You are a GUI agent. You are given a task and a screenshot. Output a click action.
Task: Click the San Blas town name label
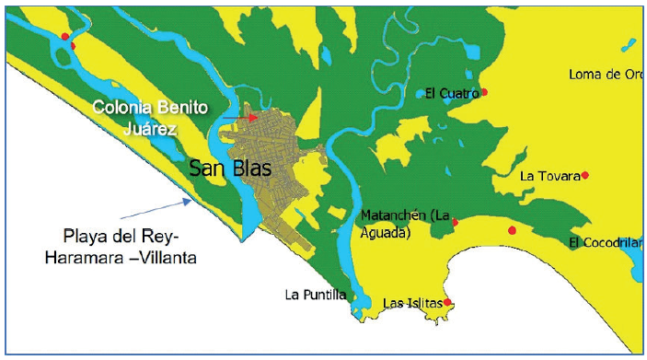click(225, 168)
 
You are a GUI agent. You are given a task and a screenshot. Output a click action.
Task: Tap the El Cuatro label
click(452, 92)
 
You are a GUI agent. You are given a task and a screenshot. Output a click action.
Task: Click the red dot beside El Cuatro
click(484, 92)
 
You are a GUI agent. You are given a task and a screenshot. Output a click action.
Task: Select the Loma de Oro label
click(605, 74)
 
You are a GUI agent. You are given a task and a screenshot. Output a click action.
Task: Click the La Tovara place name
click(549, 176)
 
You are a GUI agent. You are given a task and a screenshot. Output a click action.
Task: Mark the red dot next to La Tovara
click(584, 175)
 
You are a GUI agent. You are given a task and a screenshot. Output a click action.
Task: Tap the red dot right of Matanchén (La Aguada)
click(456, 222)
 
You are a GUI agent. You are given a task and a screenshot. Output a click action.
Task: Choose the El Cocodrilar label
click(605, 242)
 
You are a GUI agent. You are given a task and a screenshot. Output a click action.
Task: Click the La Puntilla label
click(316, 295)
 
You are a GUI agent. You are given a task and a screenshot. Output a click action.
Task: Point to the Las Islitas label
click(411, 303)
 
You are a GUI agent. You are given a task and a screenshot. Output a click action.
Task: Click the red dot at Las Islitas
click(447, 302)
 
